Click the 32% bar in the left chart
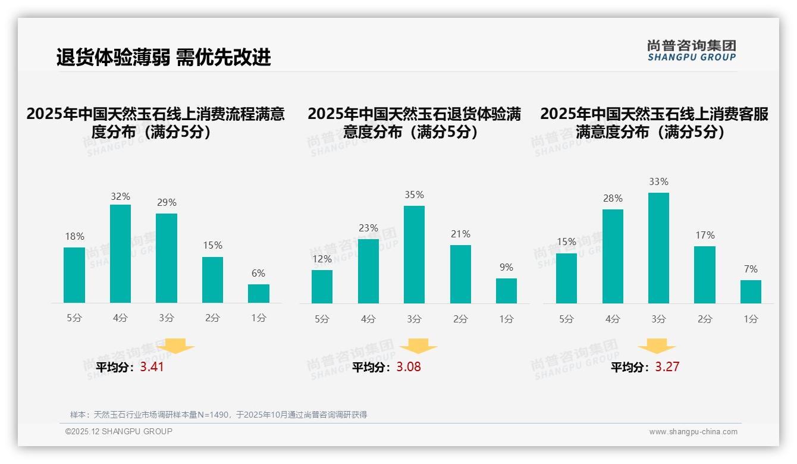click(x=120, y=253)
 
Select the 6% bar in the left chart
click(x=259, y=293)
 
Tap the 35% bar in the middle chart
click(x=414, y=255)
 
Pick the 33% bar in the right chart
click(x=658, y=248)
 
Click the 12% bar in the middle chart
click(x=322, y=287)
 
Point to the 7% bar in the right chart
click(x=751, y=291)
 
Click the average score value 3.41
click(x=152, y=367)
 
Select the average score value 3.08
click(x=409, y=367)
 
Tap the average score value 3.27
click(x=667, y=367)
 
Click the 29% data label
click(x=167, y=203)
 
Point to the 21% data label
click(x=460, y=234)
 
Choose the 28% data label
click(x=613, y=199)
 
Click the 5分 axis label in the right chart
click(x=566, y=319)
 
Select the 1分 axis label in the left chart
click(x=259, y=318)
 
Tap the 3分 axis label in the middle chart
click(x=414, y=319)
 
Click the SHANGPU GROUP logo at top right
click(x=691, y=51)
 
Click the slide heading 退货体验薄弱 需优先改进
click(x=164, y=57)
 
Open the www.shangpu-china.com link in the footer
click(x=693, y=432)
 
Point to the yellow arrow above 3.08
click(x=418, y=347)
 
